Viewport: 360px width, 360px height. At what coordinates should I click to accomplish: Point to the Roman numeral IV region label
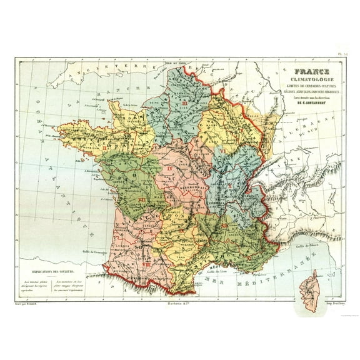169,169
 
